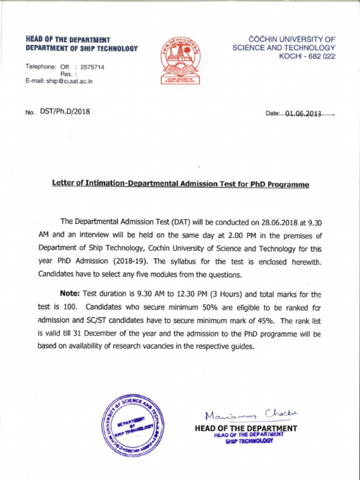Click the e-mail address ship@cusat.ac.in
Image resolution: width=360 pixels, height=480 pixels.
(x=69, y=81)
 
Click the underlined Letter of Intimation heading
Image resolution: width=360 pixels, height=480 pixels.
(x=180, y=184)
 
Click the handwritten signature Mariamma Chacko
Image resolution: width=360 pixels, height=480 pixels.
(x=251, y=414)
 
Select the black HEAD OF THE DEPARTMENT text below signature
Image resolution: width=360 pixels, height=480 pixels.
(x=246, y=428)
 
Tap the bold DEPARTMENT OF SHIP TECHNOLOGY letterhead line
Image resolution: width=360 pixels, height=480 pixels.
(x=82, y=48)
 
